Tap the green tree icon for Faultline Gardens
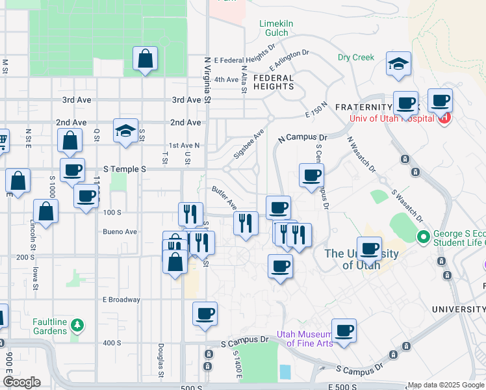coord(77,324)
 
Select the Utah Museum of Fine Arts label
coord(305,339)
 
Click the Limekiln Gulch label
coord(277,29)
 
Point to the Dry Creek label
coord(356,57)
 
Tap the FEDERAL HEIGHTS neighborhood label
coord(274,81)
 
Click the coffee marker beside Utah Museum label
coord(344,330)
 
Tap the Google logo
coord(21,382)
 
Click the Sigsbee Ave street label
coord(249,143)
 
